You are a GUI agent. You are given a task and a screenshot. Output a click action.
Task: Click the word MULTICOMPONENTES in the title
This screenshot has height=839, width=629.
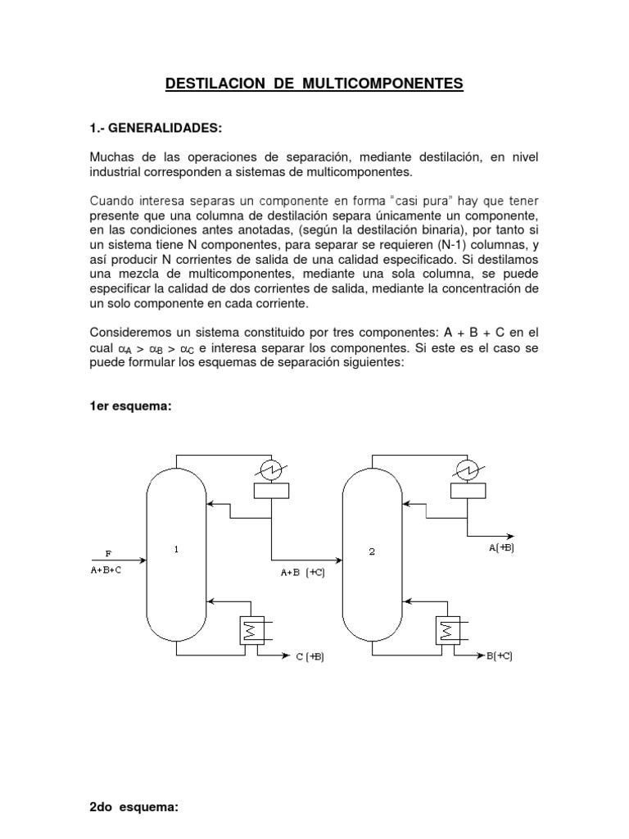tap(382, 84)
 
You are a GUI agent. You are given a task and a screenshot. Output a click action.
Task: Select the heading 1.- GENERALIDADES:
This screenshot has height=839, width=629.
tap(156, 129)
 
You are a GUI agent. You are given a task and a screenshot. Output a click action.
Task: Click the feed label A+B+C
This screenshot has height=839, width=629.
tap(106, 571)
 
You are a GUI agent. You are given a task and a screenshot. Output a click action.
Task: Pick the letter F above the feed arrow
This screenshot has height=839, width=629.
tap(107, 553)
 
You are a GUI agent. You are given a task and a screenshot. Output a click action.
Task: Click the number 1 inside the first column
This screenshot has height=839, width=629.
tap(176, 551)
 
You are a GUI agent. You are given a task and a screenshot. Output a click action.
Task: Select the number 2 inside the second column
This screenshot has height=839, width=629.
tap(372, 551)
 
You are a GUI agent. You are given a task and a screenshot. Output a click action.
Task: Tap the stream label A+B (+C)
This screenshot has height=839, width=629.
tap(302, 573)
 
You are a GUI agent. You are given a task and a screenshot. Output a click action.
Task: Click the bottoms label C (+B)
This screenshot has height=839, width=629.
tap(310, 657)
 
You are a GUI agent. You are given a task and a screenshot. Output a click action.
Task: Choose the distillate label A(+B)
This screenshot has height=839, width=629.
tap(501, 548)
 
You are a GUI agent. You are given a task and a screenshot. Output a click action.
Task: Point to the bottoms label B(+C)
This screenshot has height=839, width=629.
tap(499, 657)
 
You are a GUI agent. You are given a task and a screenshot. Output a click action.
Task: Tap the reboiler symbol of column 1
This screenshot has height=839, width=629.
tap(248, 631)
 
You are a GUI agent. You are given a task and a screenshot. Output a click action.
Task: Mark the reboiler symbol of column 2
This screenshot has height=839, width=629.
tap(447, 631)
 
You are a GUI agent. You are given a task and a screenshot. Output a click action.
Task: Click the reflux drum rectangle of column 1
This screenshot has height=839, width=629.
tap(271, 491)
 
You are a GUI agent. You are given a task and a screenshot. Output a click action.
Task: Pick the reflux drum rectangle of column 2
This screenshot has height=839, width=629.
tap(467, 491)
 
